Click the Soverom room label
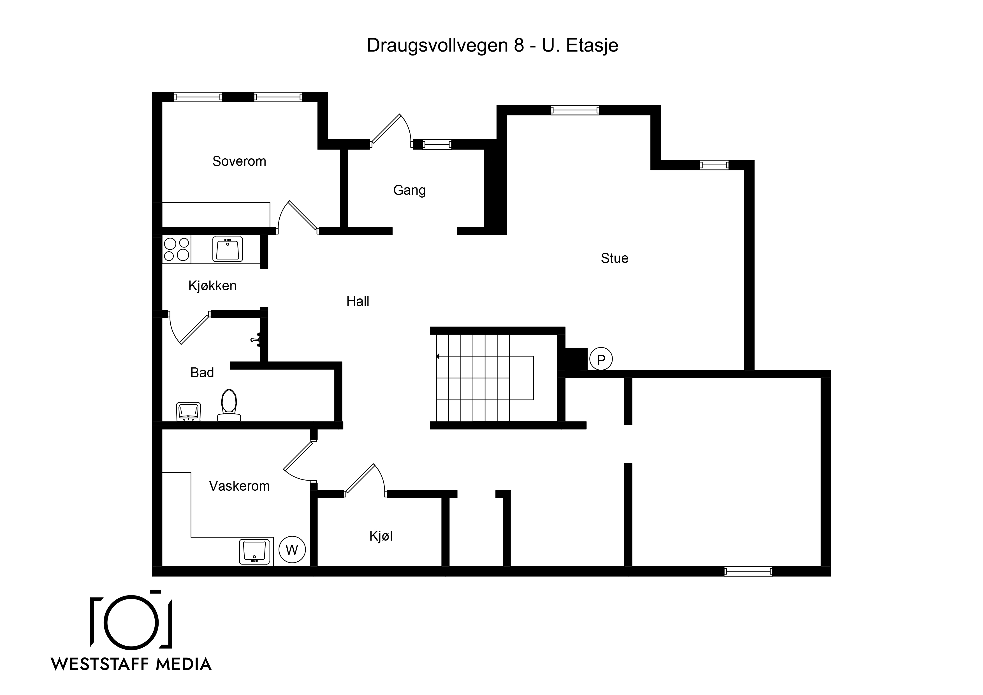239,161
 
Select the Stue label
614,258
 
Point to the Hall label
358,302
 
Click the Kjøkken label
212,286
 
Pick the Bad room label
202,372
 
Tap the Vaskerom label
239,486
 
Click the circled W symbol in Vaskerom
292,549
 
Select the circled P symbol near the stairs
601,359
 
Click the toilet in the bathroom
229,405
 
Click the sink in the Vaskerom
254,552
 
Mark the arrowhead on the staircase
437,356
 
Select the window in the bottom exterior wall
748,571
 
